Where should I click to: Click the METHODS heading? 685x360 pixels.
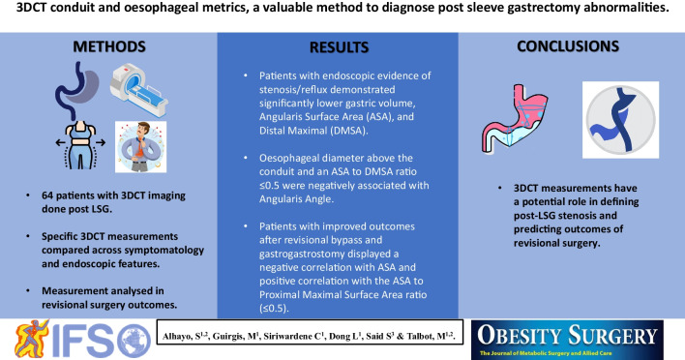(x=109, y=46)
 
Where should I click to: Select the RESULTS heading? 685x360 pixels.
(x=339, y=47)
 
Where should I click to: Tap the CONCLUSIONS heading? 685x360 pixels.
(x=568, y=46)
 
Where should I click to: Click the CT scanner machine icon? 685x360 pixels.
(x=139, y=90)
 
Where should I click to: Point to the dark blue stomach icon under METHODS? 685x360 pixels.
(x=75, y=90)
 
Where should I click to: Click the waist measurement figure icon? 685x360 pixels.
(x=80, y=145)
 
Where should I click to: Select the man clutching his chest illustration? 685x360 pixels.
(x=140, y=147)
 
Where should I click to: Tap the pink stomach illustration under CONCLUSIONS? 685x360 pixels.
(x=515, y=118)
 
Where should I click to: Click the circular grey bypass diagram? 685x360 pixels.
(x=620, y=120)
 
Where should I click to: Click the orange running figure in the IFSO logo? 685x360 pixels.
(x=32, y=339)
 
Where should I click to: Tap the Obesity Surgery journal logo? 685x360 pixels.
(x=567, y=340)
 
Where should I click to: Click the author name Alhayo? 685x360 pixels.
(x=176, y=337)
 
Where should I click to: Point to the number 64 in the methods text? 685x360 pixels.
(x=47, y=195)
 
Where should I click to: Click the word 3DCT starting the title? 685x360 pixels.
(x=33, y=9)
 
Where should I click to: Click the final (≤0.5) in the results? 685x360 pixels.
(x=274, y=308)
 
